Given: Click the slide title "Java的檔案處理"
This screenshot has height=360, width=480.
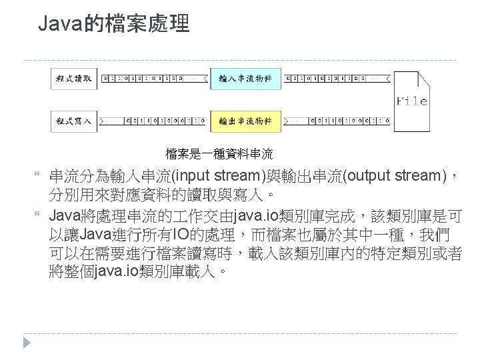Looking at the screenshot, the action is pos(114,25).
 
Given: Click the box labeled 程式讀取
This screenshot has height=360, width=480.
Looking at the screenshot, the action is pos(73,79).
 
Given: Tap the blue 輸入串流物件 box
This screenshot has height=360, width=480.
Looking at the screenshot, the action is pos(245,79).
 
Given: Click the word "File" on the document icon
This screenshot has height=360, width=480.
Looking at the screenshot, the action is pos(411,101).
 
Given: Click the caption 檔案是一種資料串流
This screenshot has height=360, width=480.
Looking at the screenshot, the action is pos(219,155).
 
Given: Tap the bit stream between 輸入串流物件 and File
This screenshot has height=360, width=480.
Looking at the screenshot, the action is pos(337,79).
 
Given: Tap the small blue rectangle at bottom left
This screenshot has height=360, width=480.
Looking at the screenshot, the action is pos(27,343).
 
